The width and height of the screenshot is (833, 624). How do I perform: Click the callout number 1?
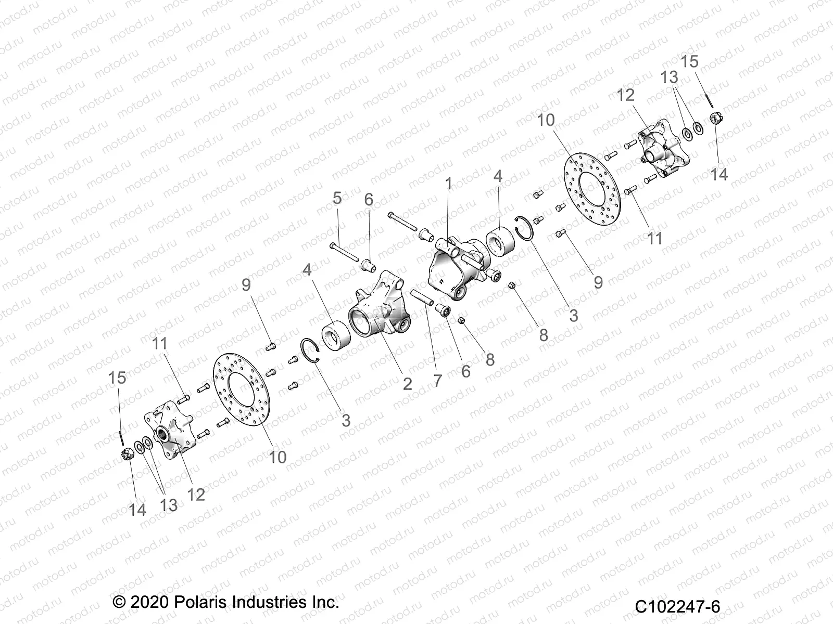448,184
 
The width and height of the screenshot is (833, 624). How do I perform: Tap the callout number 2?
408,384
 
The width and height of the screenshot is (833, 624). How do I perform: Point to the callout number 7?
437,380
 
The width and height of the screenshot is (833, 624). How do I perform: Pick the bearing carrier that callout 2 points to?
380,312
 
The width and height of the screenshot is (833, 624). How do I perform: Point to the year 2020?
148,603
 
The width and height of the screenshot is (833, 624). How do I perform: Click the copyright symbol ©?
119,603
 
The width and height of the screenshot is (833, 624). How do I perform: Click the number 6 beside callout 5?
369,200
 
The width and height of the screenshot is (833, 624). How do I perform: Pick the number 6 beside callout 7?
465,371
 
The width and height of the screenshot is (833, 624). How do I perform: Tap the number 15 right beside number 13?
689,61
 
